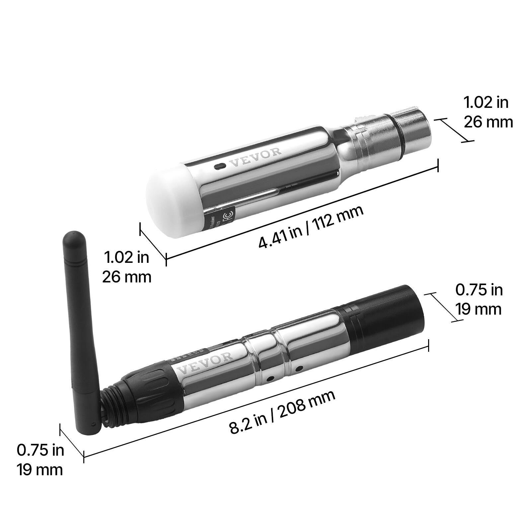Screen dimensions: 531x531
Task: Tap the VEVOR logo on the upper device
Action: (x=255, y=158)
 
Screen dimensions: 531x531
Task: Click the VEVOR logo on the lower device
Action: (x=205, y=364)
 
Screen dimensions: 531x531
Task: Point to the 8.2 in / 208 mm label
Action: (x=282, y=412)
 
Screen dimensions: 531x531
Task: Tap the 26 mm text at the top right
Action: (x=488, y=122)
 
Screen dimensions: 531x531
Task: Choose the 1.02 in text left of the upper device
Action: (x=126, y=257)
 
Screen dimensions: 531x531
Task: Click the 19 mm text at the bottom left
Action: (x=40, y=470)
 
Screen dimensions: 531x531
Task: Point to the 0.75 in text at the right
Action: (x=479, y=290)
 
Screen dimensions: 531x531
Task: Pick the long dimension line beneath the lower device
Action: (x=256, y=401)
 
